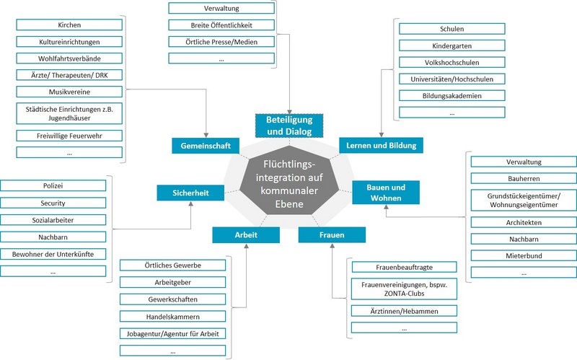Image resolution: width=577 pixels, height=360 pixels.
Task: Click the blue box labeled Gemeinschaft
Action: click(206, 146)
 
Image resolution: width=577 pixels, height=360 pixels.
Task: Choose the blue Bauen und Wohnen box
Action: click(386, 193)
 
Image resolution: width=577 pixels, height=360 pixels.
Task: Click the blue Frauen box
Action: click(332, 235)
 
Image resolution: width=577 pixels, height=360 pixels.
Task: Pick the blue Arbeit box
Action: click(246, 235)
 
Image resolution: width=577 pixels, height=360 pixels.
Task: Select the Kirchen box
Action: click(69, 25)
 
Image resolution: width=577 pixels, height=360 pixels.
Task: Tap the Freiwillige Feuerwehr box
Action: click(69, 136)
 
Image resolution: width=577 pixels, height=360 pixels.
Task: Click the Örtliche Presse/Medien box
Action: click(221, 42)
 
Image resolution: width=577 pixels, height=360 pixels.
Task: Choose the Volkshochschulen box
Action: click(452, 63)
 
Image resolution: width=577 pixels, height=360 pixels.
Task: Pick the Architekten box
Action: click(524, 222)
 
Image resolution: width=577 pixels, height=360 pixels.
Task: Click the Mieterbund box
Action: click(524, 255)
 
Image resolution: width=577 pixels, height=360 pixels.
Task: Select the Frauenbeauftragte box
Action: click(405, 266)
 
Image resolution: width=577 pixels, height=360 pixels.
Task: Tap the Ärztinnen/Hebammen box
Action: click(405, 311)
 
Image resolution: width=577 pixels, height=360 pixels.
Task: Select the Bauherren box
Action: click(524, 178)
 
